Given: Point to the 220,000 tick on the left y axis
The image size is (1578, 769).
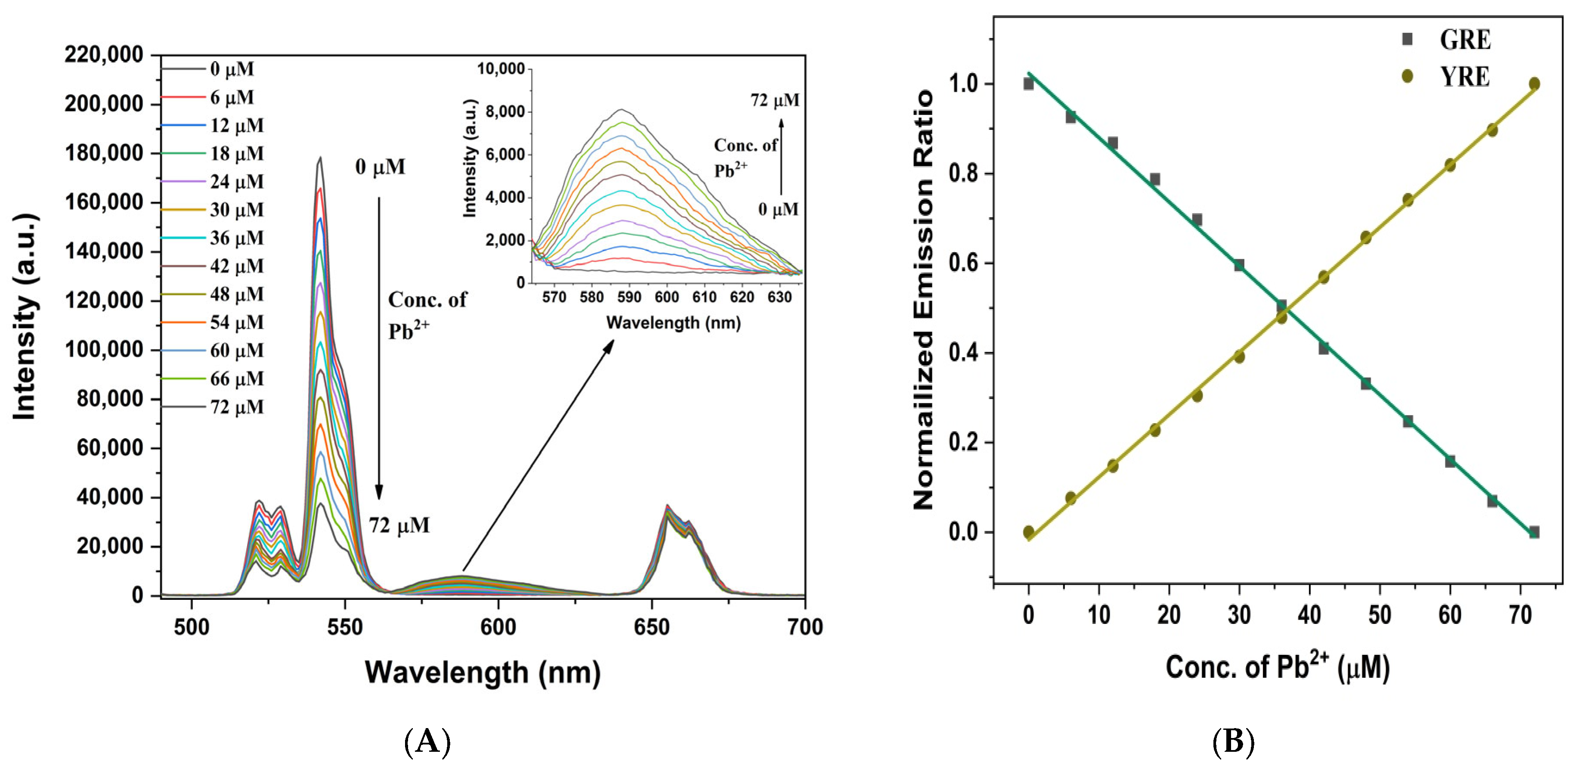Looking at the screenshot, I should coord(104,55).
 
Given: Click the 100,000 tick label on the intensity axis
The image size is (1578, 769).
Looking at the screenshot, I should coord(104,350).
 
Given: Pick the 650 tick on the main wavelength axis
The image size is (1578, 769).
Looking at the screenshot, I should coord(651,627).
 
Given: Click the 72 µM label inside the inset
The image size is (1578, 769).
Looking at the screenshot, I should coord(774,100).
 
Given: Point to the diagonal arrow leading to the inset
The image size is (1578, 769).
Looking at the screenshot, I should coord(538,456).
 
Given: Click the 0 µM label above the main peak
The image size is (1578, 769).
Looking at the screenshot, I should coord(380,167).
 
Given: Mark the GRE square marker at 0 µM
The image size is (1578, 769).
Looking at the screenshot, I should coord(1028,84).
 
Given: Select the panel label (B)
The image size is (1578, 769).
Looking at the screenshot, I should coord(1232,742).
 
